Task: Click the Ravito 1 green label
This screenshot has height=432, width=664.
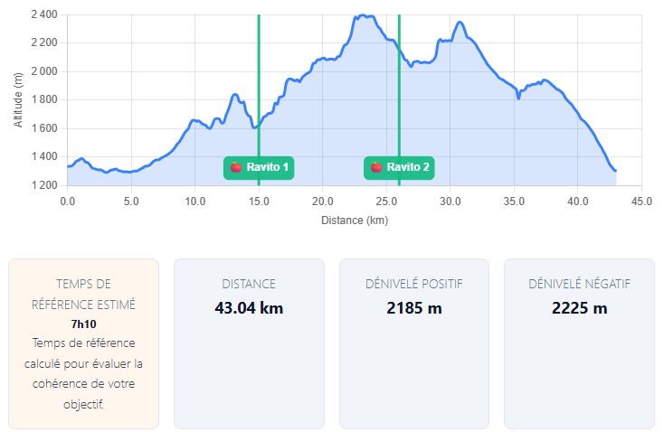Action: (260, 167)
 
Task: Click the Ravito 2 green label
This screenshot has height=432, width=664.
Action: (400, 167)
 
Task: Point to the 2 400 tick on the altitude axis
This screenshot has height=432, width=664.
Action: (43, 15)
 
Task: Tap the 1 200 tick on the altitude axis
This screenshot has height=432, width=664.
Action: (43, 185)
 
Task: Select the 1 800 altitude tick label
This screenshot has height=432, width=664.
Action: (43, 100)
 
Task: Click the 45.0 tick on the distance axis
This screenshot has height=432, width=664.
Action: (641, 201)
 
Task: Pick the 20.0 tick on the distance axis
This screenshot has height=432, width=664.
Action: (323, 201)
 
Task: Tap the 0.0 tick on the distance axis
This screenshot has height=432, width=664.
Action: (68, 201)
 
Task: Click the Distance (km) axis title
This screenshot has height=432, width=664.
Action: (355, 220)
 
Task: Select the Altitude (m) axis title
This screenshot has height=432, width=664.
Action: (19, 100)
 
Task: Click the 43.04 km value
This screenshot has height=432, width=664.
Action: (249, 308)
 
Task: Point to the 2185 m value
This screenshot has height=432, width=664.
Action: (413, 308)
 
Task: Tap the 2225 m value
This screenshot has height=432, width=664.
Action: (579, 308)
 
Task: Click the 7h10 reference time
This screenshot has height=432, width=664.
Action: (83, 324)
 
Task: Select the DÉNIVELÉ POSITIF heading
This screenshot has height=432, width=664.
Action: (413, 284)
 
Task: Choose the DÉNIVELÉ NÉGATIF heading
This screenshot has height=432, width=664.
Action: (579, 284)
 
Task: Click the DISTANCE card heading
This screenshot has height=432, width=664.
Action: (249, 284)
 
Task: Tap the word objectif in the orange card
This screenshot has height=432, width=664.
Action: (83, 404)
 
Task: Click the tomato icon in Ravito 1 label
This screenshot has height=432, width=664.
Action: (235, 167)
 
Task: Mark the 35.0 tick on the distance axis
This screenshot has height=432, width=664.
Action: (514, 201)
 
